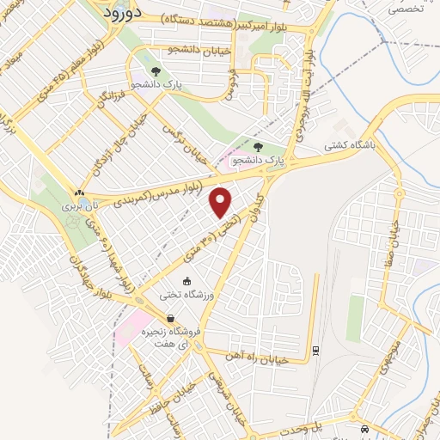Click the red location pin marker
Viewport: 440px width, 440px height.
222,203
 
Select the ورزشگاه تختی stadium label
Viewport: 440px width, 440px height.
183,296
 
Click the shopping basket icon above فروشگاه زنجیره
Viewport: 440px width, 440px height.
181,319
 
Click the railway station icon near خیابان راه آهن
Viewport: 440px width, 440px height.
316,349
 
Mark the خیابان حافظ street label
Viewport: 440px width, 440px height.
187,398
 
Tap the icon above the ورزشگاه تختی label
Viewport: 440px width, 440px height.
187,281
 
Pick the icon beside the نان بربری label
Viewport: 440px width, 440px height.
79,193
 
